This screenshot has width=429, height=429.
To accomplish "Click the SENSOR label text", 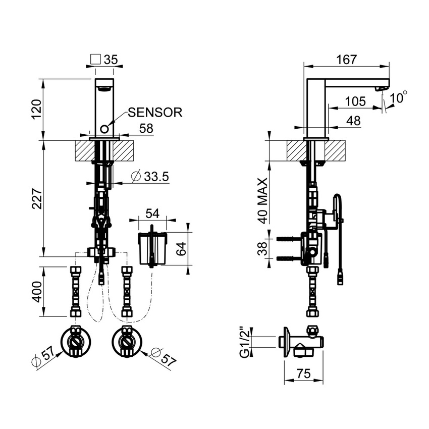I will click(x=154, y=112).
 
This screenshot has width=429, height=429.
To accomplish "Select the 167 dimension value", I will click(x=346, y=59).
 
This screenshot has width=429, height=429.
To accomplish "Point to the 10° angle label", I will click(x=398, y=97).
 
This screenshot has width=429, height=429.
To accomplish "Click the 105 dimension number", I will click(x=355, y=101).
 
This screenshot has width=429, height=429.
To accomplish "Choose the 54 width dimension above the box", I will click(x=152, y=213).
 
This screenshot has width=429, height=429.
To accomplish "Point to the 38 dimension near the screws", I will click(x=262, y=248).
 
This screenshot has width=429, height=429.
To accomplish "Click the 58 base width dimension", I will click(x=146, y=129).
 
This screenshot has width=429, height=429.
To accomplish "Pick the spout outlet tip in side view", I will click(x=382, y=89).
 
